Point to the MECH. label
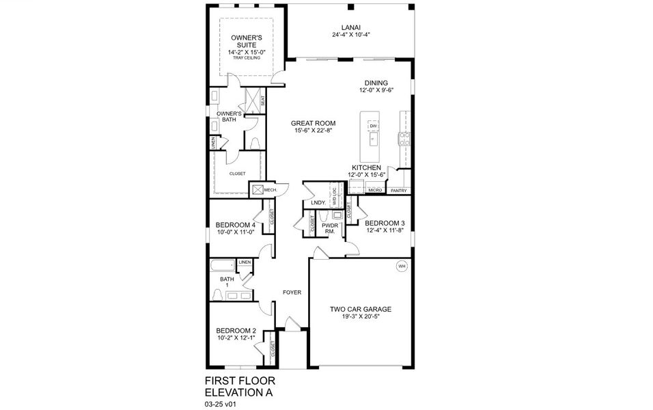[x=279, y=190]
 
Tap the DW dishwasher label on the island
[x=373, y=126]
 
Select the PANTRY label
[x=398, y=191]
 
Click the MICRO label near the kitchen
[x=374, y=191]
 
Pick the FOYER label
[x=292, y=292]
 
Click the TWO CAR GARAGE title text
[x=361, y=309]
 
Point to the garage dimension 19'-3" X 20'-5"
[x=361, y=317]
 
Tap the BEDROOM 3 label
[x=385, y=223]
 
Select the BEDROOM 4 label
[x=236, y=225]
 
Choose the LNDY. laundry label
[x=317, y=203]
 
